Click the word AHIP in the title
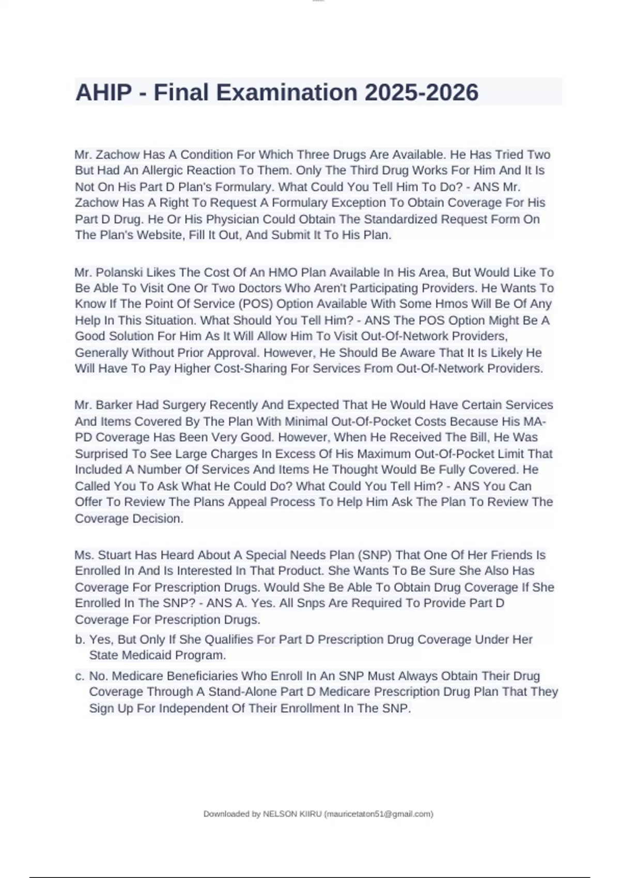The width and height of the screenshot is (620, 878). pyautogui.click(x=103, y=93)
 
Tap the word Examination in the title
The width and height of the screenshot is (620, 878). pyautogui.click(x=287, y=93)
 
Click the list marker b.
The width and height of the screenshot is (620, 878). pyautogui.click(x=80, y=639)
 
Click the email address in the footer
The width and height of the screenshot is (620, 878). pyautogui.click(x=379, y=814)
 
